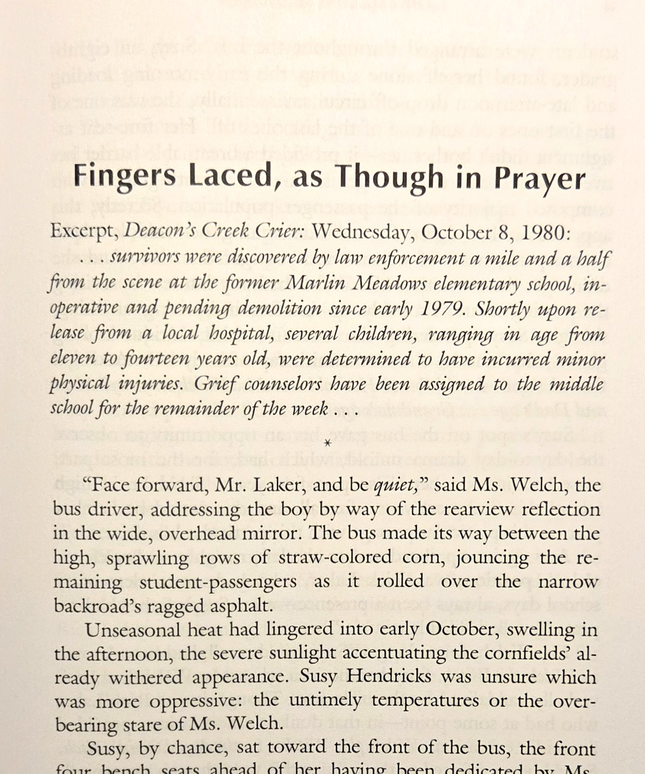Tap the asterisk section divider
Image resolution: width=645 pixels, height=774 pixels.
pyautogui.click(x=327, y=444)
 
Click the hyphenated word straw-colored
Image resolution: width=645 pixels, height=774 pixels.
pyautogui.click(x=335, y=558)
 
